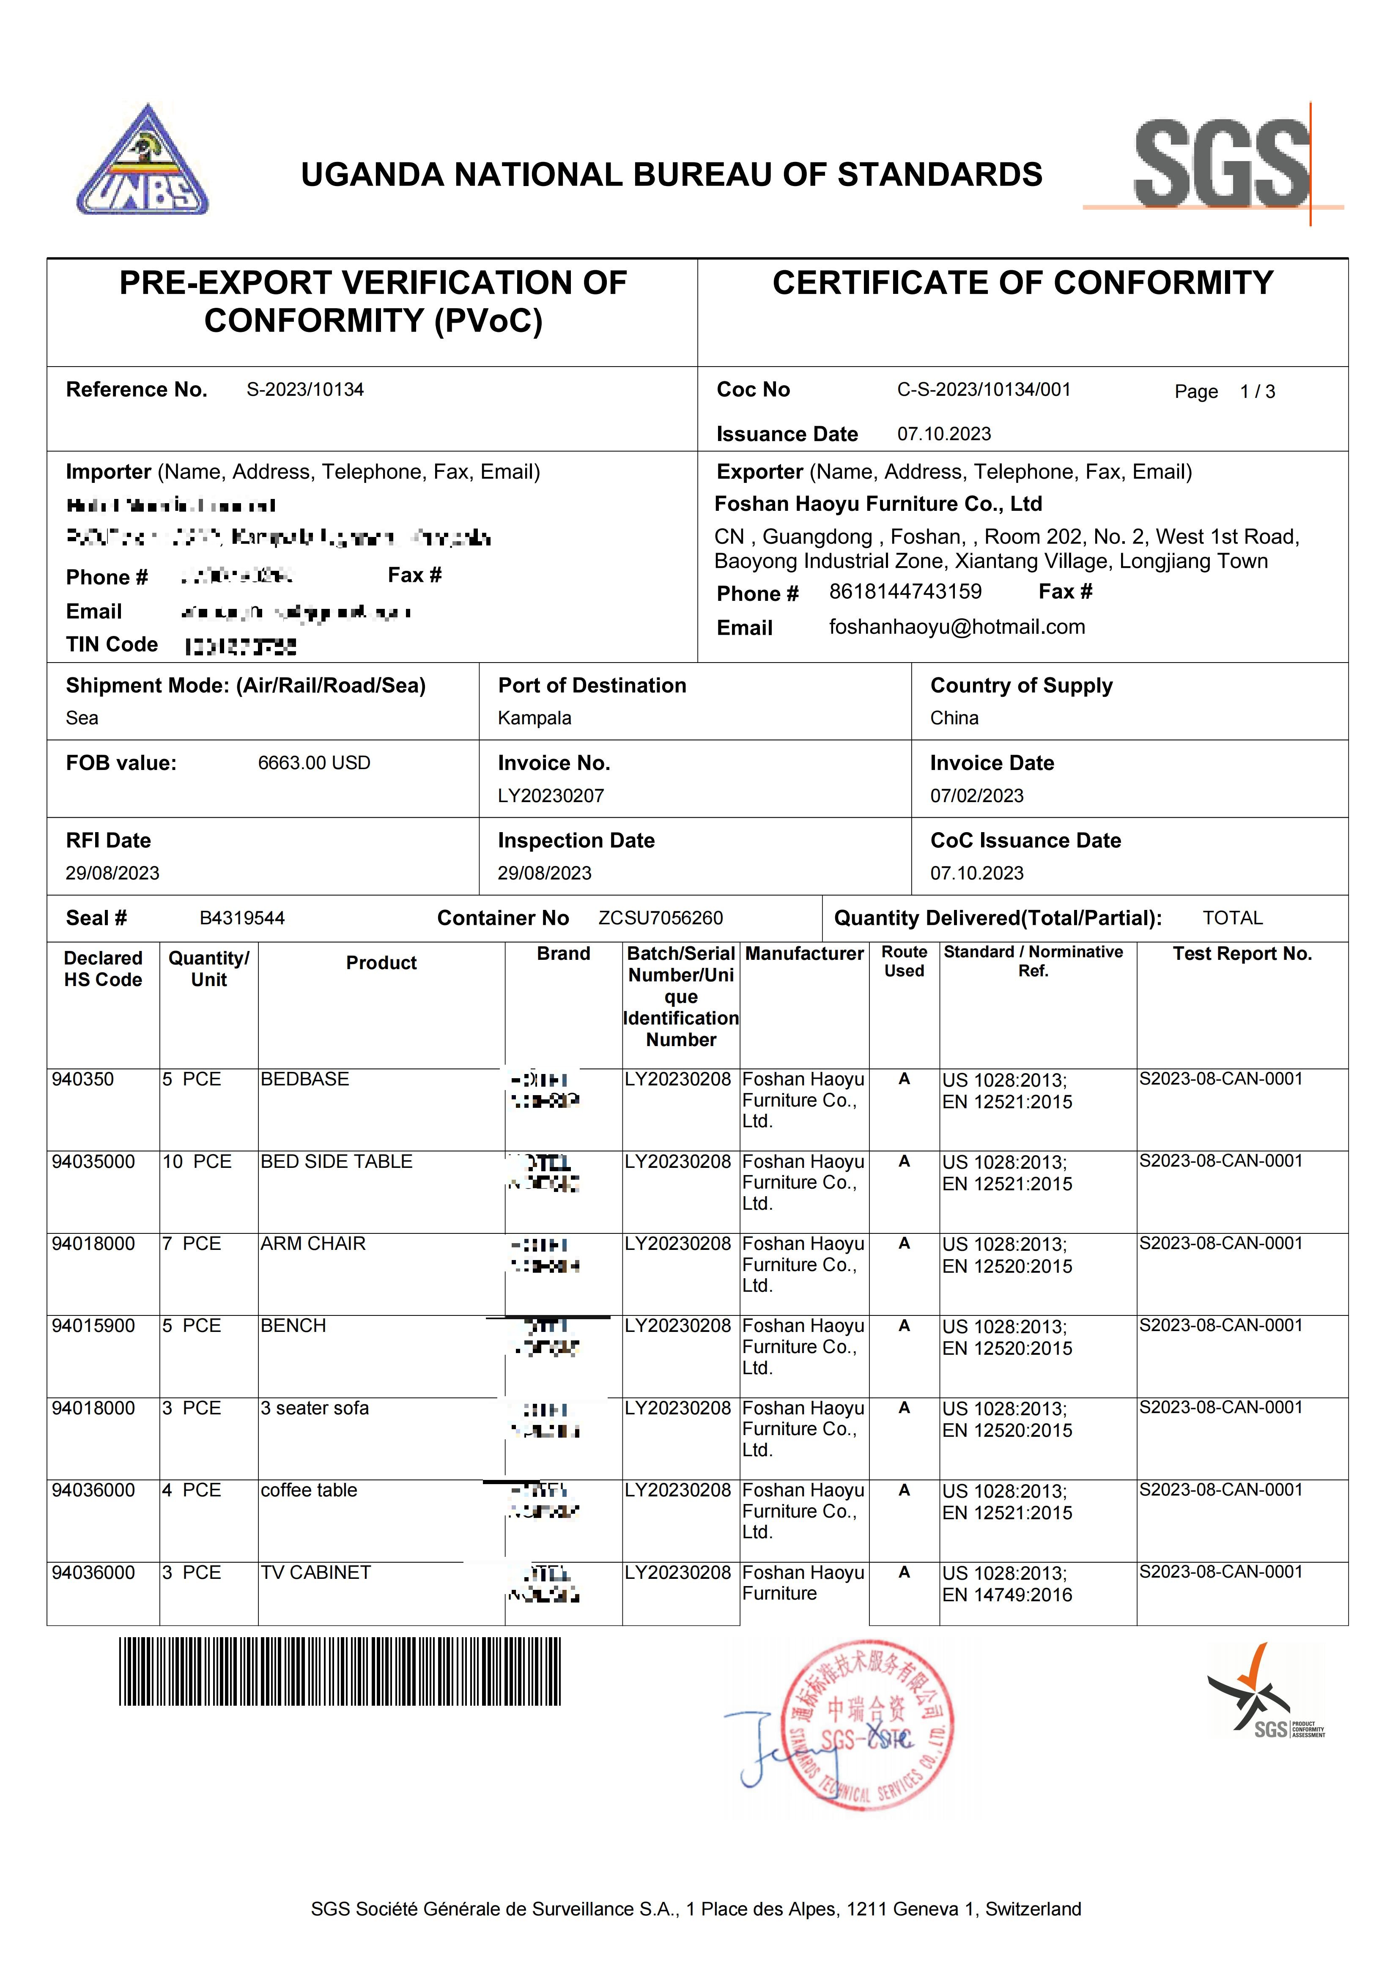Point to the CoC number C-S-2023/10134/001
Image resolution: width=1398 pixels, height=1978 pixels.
click(984, 390)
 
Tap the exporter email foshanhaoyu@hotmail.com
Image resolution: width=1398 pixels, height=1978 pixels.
click(956, 627)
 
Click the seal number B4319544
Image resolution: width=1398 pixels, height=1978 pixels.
click(242, 918)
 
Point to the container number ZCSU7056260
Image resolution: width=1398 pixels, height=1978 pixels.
click(661, 918)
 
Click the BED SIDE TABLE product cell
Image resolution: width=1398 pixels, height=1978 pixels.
click(337, 1162)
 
